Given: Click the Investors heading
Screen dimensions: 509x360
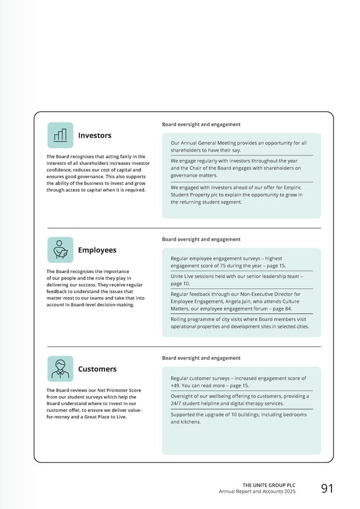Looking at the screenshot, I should tap(94, 136).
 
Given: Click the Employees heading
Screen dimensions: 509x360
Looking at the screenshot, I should tap(97, 250).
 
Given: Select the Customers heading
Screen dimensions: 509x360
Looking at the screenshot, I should tap(97, 369).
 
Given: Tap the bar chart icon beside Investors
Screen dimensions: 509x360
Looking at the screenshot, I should tap(60, 135).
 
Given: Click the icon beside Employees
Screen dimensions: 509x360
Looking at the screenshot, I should tap(60, 250).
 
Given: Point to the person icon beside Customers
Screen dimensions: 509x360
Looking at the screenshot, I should tap(60, 369).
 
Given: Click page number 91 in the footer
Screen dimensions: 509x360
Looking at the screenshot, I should tap(327, 488).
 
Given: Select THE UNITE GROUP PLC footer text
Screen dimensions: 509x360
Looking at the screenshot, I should tap(269, 485).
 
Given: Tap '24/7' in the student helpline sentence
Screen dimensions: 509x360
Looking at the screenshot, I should tap(177, 404).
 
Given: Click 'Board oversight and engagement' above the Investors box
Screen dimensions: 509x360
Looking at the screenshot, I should tap(201, 124).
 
